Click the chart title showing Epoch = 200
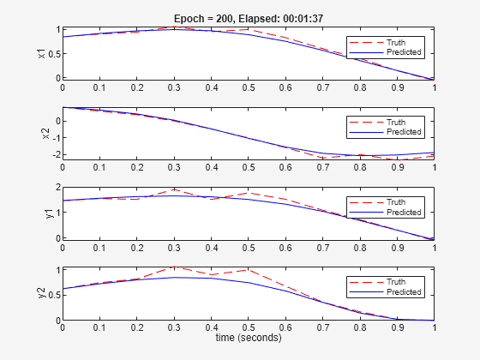click(x=249, y=17)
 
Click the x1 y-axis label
click(x=40, y=53)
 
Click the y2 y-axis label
click(x=40, y=294)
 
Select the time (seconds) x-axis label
click(x=248, y=338)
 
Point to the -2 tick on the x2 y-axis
click(x=55, y=154)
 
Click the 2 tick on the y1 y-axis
click(x=57, y=187)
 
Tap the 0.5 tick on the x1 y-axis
click(x=53, y=53)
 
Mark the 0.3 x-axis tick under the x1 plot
click(x=174, y=87)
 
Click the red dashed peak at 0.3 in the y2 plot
click(x=174, y=267)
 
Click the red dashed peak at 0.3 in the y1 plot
click(x=174, y=190)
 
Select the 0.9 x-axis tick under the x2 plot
click(x=397, y=167)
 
